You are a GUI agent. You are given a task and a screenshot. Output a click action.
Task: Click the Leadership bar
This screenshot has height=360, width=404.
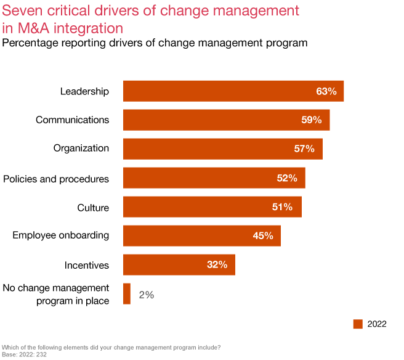click(233, 91)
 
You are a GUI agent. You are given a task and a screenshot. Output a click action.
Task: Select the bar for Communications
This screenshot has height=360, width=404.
click(226, 120)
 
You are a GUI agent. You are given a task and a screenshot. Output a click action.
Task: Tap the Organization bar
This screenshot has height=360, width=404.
click(222, 149)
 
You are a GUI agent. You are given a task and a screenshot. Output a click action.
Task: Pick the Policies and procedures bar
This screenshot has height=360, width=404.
click(214, 178)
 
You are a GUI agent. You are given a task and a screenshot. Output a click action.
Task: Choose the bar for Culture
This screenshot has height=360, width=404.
click(212, 207)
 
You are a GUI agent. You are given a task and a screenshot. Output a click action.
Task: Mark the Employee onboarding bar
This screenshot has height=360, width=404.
click(201, 236)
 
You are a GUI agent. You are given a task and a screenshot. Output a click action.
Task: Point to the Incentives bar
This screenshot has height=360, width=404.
click(179, 265)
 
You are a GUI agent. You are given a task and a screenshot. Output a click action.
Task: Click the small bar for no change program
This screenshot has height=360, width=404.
click(127, 294)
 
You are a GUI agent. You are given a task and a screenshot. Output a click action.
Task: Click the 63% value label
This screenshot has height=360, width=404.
click(326, 91)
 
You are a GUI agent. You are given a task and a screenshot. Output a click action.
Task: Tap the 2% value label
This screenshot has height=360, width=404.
click(146, 295)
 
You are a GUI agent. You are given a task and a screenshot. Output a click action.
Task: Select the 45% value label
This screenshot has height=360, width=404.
click(263, 236)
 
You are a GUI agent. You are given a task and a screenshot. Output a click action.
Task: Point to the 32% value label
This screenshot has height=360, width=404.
click(217, 265)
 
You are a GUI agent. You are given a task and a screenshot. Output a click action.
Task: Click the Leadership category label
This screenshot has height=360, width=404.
click(84, 91)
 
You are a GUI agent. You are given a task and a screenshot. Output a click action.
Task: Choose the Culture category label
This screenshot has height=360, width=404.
click(93, 208)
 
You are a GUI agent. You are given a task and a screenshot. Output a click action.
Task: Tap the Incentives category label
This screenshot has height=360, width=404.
click(87, 266)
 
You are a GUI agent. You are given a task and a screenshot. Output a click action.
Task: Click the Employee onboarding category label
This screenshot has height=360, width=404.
click(61, 235)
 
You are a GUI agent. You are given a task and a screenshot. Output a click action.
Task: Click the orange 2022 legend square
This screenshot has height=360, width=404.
click(358, 324)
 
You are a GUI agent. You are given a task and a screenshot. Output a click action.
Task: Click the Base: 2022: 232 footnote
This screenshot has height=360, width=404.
click(25, 354)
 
